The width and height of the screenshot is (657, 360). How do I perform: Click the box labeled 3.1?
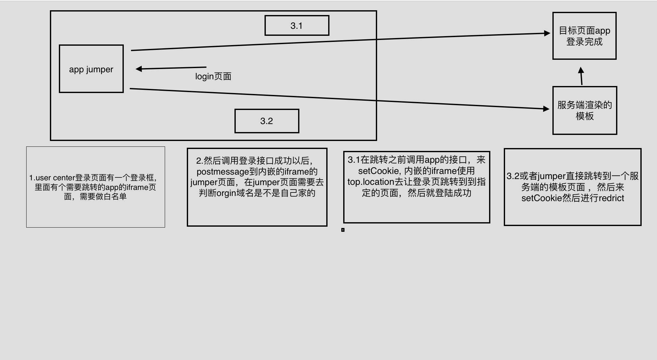pos(297,26)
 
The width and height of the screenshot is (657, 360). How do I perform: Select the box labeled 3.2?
pos(267,121)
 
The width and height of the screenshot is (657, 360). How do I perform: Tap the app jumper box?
pos(91,69)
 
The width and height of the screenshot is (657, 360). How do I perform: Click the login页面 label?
pos(213,76)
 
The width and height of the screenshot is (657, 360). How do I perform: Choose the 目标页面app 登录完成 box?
pos(584,36)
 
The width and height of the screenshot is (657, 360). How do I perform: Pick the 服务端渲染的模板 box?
pos(585,110)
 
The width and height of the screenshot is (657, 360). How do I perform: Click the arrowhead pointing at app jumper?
pos(139,69)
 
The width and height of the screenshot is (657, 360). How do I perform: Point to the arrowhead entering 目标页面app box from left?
pos(547,33)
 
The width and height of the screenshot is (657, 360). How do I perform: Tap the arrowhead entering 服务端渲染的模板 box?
pos(546,109)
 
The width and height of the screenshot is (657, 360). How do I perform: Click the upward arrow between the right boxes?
pos(581,76)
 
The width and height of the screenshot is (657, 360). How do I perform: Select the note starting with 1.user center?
pos(95,187)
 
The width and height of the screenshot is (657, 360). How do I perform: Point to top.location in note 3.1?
pos(371,182)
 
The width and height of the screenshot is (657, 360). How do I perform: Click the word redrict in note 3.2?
pos(611,198)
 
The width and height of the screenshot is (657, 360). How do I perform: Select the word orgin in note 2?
pos(226,193)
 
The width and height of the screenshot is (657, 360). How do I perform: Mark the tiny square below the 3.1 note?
pos(343,230)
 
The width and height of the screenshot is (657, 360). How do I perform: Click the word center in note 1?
pos(64,178)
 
